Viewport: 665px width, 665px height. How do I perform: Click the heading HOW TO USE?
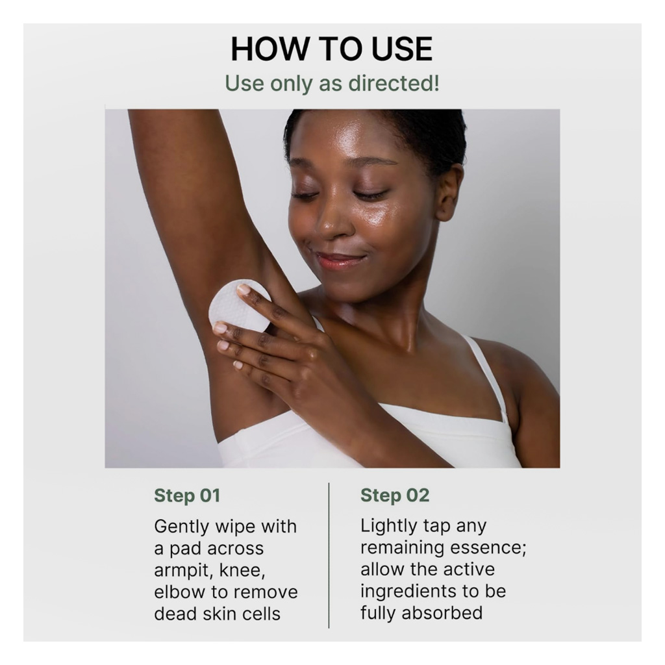tap(332, 49)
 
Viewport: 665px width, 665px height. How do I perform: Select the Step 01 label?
tap(187, 496)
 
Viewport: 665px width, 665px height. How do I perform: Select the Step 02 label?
tap(395, 496)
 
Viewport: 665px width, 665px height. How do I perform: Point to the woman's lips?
tap(338, 260)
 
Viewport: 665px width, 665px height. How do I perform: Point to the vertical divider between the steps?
tap(329, 555)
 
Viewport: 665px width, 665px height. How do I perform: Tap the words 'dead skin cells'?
tap(217, 614)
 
